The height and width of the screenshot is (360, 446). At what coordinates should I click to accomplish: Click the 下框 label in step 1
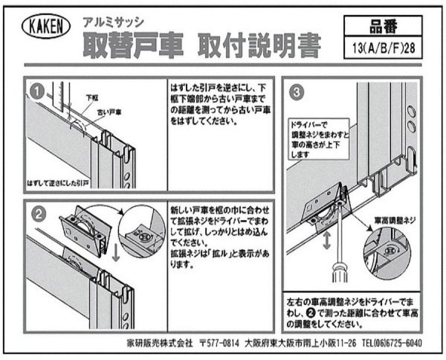click(92, 97)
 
